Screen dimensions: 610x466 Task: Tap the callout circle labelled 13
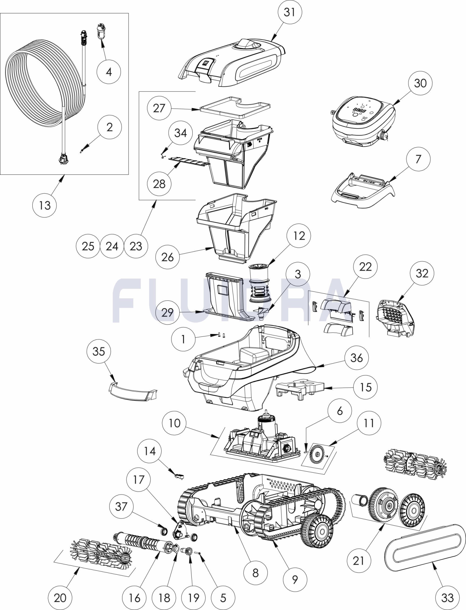point(45,205)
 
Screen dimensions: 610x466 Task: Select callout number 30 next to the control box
point(420,83)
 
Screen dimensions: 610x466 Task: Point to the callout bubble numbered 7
point(418,159)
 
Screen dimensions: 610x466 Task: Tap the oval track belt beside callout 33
point(423,546)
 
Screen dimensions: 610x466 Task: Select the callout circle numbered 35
point(99,351)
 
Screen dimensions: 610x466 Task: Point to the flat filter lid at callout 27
point(235,107)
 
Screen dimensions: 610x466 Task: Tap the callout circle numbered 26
point(167,257)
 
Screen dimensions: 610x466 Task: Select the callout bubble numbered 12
point(299,236)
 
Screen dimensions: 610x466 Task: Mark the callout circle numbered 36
point(356,357)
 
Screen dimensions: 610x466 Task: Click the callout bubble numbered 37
point(121,506)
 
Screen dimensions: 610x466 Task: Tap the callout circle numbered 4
point(109,72)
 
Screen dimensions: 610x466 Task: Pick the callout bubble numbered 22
point(366,267)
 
